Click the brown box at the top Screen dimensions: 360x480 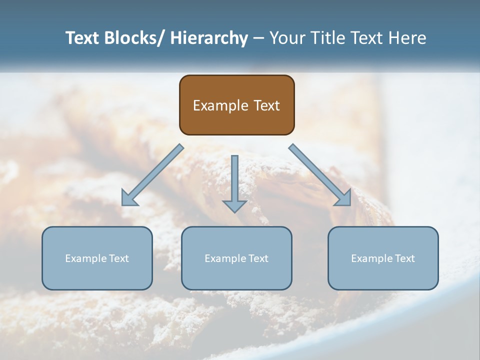[x=236, y=105]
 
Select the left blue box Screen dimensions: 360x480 [x=97, y=258]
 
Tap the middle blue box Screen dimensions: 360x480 [x=236, y=258]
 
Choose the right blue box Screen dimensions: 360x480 [x=383, y=258]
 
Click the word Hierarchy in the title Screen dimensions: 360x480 [x=209, y=38]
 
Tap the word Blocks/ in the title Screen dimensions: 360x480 [x=136, y=38]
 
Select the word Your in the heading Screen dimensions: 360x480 [x=287, y=38]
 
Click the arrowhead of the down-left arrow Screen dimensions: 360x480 [x=128, y=198]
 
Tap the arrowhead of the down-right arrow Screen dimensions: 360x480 [x=344, y=198]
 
